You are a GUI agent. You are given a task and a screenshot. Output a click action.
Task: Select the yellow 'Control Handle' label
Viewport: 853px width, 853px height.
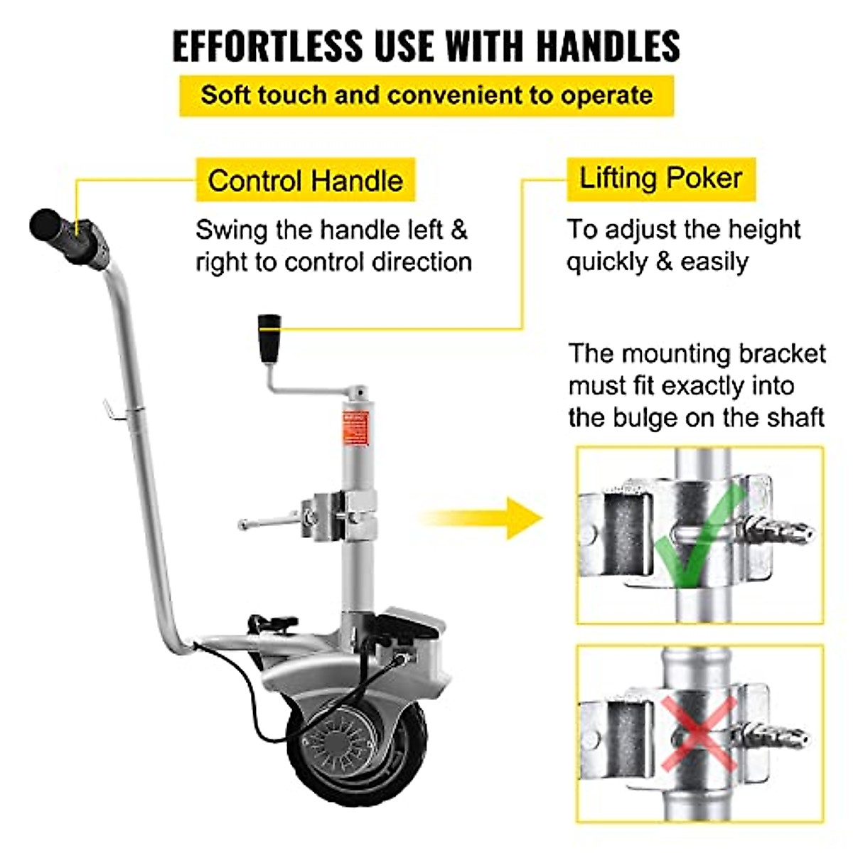pyautogui.click(x=305, y=181)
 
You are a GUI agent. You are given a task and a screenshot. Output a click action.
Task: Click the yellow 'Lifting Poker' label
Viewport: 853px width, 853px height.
pyautogui.click(x=660, y=178)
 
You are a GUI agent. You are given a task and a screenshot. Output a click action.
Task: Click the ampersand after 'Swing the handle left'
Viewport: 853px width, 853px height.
pyautogui.click(x=459, y=230)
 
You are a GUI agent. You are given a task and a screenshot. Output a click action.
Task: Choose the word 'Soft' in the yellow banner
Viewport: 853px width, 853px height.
pyautogui.click(x=225, y=95)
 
